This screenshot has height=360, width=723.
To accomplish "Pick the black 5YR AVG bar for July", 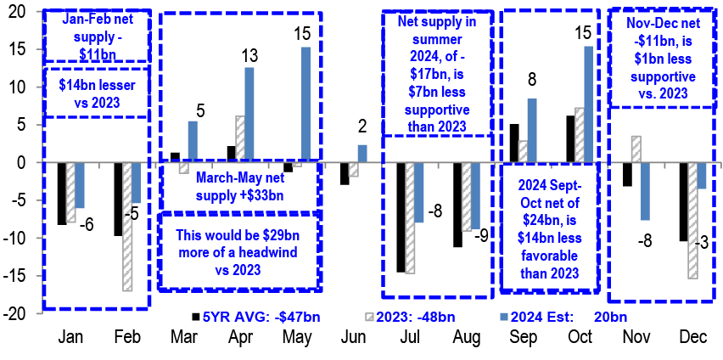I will point(401,217).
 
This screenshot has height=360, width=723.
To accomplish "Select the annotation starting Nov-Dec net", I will point(666,54).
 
